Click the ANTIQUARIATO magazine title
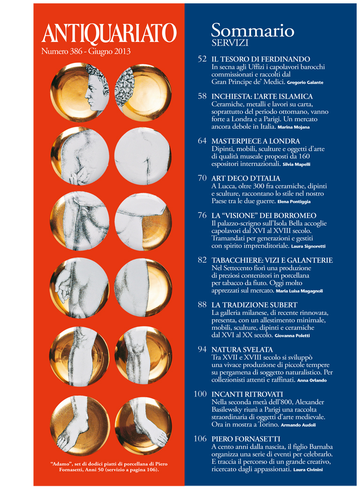109,33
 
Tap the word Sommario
252,31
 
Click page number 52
202,59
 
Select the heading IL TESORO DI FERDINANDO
260,59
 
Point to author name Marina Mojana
293,127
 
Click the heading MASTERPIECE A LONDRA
256,141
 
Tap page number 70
202,178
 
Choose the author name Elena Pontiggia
294,202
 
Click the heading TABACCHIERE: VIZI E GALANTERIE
272,260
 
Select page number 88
202,304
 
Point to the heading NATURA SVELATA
242,350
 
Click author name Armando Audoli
298,425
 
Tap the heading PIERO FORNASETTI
246,439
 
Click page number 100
200,394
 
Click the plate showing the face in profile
80,92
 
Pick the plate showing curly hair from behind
143,92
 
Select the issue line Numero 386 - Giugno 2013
86,51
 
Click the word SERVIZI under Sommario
230,43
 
